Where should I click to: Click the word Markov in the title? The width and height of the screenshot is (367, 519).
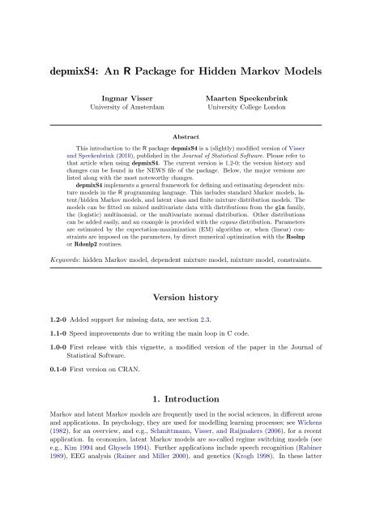click(257, 70)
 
